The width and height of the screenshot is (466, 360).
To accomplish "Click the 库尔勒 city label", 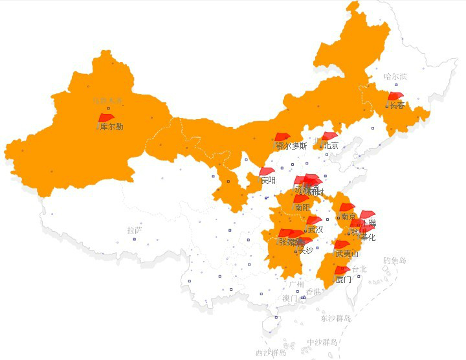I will (x=112, y=127).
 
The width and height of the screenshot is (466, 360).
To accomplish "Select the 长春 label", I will (x=397, y=105).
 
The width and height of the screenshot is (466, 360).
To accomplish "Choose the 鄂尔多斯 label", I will (x=291, y=146).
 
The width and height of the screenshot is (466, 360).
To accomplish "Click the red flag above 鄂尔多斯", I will (x=281, y=137).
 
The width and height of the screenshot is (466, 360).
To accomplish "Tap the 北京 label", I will (x=330, y=145).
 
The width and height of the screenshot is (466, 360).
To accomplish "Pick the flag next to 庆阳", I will (x=267, y=172).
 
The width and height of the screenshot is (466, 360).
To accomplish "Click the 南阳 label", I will (x=302, y=208).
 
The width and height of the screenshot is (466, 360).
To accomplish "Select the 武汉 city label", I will (x=315, y=229).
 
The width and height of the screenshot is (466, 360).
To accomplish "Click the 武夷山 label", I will (x=348, y=254).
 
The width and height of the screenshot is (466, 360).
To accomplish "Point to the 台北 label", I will (x=359, y=269).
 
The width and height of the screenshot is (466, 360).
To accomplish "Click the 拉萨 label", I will (x=134, y=230).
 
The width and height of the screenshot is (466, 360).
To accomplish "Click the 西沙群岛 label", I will (x=270, y=352).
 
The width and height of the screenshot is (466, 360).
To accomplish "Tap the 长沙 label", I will (x=305, y=251).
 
